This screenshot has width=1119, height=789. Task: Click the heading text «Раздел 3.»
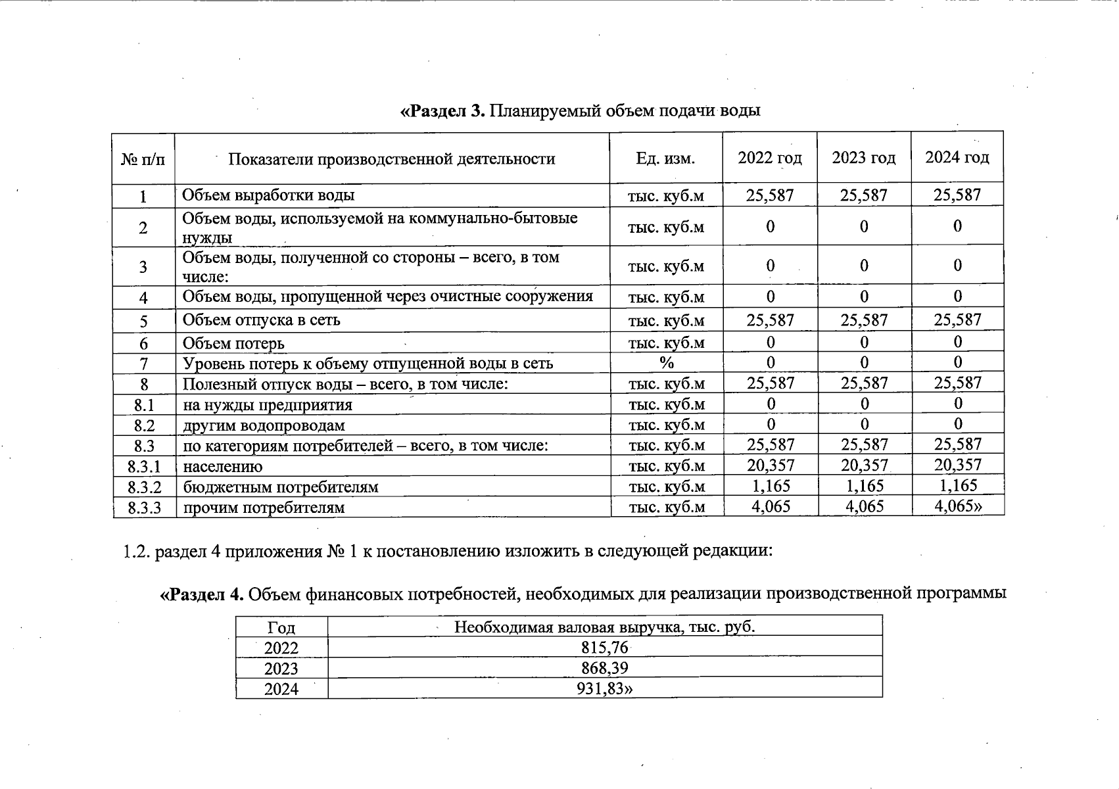(442, 110)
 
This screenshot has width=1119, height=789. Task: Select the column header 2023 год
(863, 158)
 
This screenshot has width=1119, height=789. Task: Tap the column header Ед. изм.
(665, 158)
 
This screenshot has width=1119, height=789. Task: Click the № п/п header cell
(143, 159)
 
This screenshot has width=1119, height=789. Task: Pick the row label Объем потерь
(233, 343)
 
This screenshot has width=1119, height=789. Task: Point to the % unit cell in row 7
(666, 363)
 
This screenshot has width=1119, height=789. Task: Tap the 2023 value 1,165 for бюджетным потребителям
(864, 486)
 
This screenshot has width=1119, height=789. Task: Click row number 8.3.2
(144, 487)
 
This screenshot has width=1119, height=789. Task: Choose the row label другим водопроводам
(264, 425)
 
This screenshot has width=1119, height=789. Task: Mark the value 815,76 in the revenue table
(605, 648)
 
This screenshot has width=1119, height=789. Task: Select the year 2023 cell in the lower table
(281, 669)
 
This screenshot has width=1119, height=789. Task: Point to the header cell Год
(281, 627)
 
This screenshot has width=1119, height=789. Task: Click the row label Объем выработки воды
(268, 195)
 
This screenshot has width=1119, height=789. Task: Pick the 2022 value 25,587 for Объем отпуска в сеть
(770, 320)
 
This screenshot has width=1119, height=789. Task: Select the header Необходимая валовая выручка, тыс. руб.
(604, 627)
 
